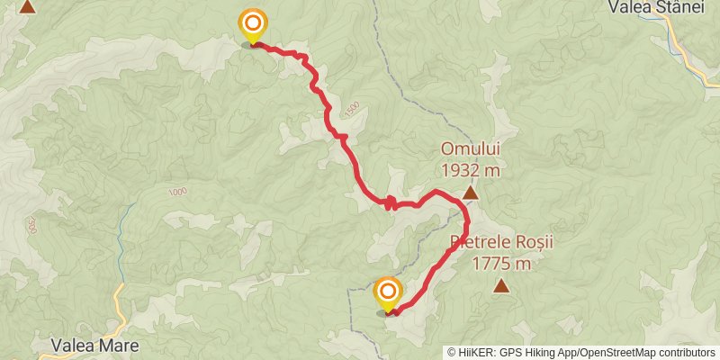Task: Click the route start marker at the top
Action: point(253,24)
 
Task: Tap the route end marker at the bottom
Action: point(388,292)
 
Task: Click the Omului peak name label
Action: point(470,148)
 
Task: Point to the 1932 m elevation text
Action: point(470,168)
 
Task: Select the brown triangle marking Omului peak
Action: point(470,192)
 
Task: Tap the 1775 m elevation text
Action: point(500,264)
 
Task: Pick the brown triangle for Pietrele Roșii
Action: point(501,287)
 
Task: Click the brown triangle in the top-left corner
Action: point(28,6)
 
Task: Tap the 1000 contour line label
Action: point(176,192)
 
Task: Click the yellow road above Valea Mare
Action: point(120,310)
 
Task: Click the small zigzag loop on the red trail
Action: point(391,203)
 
